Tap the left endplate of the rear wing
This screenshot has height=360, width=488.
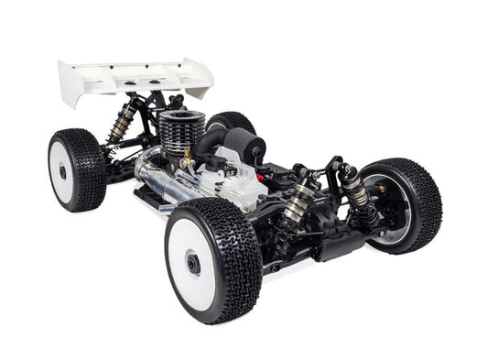70,85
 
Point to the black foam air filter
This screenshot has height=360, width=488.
245,147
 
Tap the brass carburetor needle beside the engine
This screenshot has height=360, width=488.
188,165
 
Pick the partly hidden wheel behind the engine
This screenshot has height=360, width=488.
233,122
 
